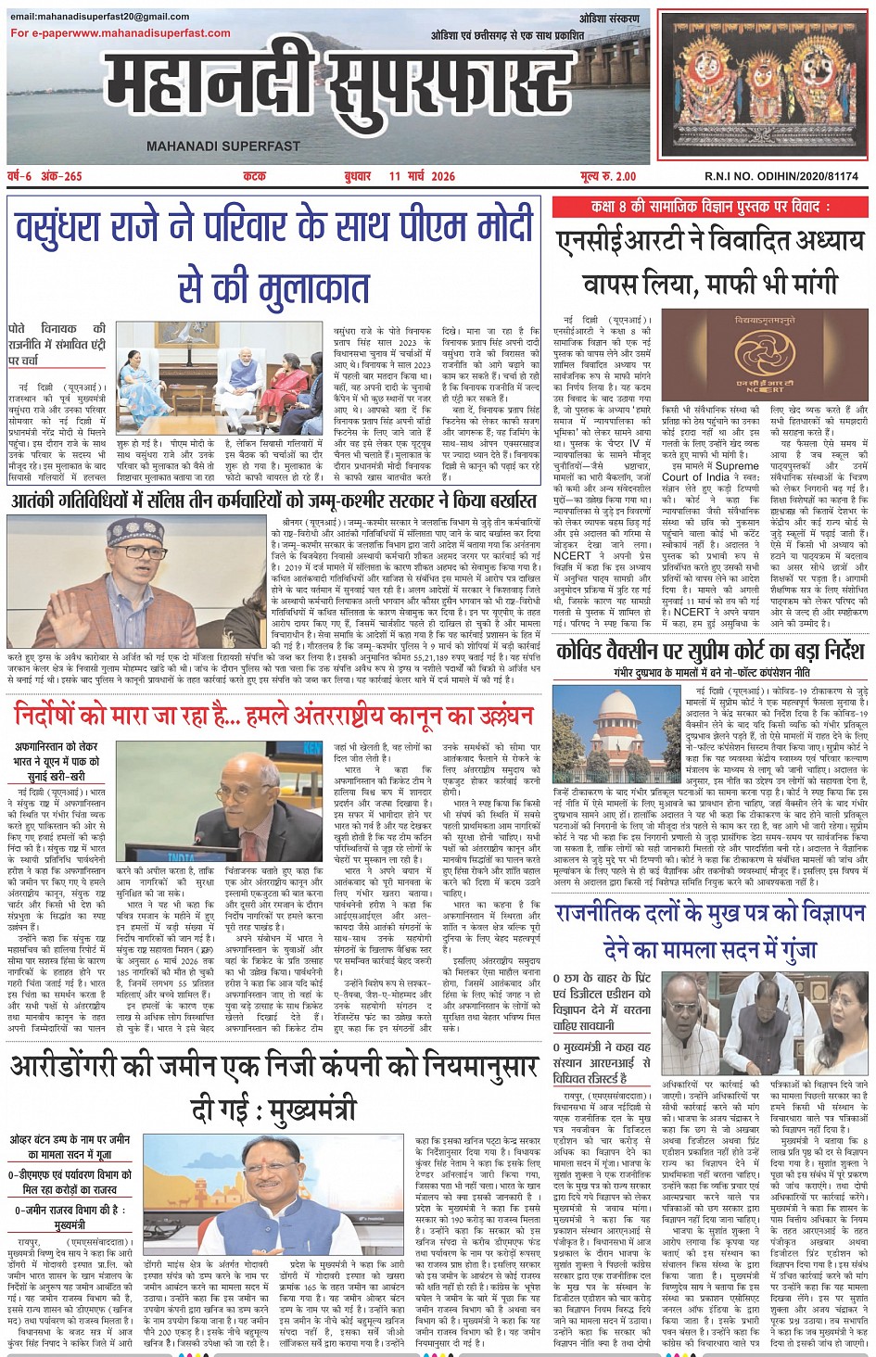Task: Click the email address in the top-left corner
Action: click(x=99, y=17)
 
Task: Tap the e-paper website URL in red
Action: click(x=121, y=33)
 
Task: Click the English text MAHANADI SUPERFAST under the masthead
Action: click(x=222, y=146)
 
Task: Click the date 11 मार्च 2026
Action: click(x=422, y=176)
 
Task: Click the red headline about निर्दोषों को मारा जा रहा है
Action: click(x=273, y=715)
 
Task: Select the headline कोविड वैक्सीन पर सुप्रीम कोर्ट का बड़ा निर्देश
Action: click(x=709, y=652)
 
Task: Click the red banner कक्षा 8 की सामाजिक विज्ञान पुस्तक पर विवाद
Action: click(x=710, y=206)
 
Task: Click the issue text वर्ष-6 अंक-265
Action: click(x=44, y=176)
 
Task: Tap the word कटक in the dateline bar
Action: click(x=254, y=176)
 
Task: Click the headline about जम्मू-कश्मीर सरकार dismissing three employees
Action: click(x=273, y=501)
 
